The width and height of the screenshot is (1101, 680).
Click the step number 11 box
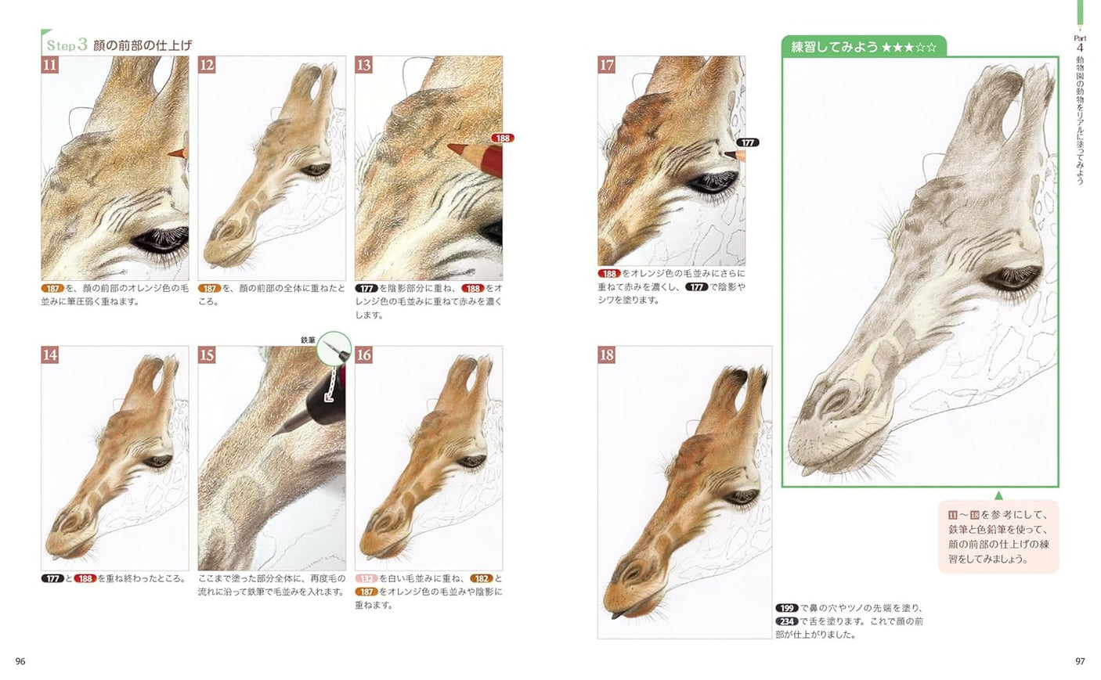(x=50, y=65)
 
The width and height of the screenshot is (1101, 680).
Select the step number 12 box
(x=207, y=65)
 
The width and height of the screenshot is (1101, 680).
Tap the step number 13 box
(x=364, y=65)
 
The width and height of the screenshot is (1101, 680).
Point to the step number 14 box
(x=50, y=355)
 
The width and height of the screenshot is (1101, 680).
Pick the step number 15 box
(x=207, y=355)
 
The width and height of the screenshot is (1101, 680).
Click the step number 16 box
(x=364, y=355)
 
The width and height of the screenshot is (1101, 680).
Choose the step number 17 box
(x=607, y=65)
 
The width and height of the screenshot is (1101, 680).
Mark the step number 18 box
(x=607, y=355)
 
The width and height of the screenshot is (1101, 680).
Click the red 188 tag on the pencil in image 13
(x=502, y=139)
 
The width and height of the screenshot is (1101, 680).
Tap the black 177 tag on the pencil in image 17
(x=748, y=142)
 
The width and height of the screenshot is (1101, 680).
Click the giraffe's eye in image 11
(x=160, y=239)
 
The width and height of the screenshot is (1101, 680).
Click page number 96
(x=20, y=661)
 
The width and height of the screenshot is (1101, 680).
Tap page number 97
(x=1080, y=661)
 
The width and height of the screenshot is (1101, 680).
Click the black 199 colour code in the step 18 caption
(x=786, y=608)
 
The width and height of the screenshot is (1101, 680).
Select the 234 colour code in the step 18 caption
(x=786, y=621)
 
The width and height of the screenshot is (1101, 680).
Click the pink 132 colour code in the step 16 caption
(x=366, y=579)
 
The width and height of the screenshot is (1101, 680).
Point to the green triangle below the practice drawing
(x=998, y=495)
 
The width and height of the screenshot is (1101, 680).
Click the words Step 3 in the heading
(x=67, y=45)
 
